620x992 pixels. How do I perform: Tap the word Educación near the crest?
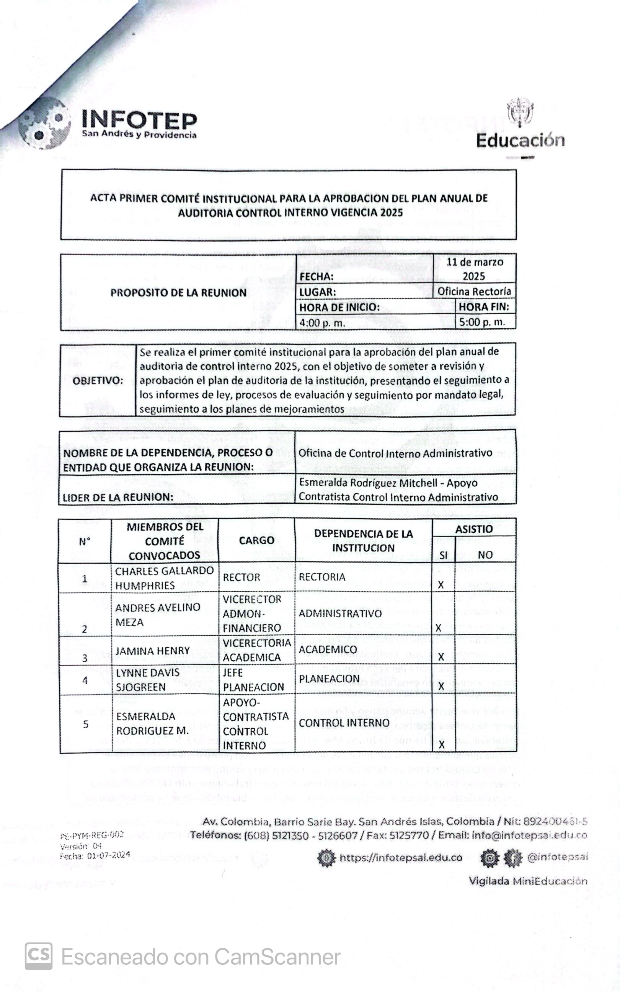click(520, 140)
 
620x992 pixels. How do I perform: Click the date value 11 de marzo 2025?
click(475, 269)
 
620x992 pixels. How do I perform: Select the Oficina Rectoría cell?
click(474, 292)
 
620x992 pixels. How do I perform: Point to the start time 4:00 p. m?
click(322, 323)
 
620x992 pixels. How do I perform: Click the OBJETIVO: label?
click(98, 381)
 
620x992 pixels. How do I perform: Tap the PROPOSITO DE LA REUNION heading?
click(178, 293)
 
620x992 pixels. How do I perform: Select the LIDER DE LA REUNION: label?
click(118, 497)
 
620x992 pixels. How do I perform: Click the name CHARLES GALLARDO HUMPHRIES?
click(164, 578)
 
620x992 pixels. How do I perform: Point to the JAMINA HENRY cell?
click(153, 651)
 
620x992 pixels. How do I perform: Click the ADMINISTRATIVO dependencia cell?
click(340, 613)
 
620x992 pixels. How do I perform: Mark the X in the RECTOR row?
click(441, 585)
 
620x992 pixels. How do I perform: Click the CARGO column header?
click(256, 540)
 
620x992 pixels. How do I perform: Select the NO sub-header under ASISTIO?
click(485, 555)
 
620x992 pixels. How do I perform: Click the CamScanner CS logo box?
click(39, 956)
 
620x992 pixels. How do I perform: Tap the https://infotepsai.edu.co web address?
click(401, 858)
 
